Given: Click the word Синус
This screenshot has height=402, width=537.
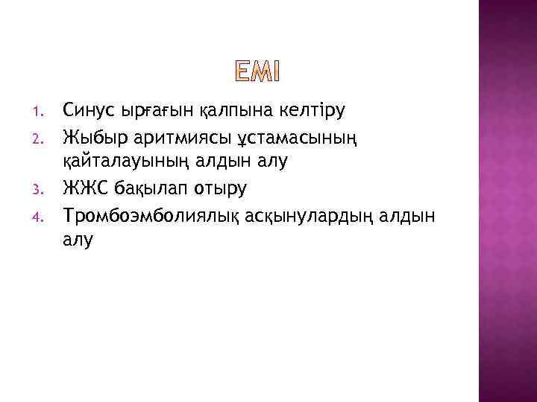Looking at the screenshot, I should [x=90, y=111].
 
